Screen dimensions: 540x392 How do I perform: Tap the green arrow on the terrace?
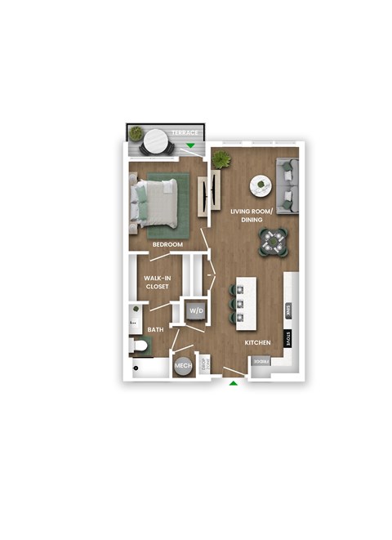click(191, 146)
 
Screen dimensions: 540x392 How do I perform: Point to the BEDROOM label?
click(167, 244)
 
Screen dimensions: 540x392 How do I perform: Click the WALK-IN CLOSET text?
click(157, 282)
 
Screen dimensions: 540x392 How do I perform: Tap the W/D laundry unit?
click(196, 310)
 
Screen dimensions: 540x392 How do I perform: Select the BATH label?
click(155, 329)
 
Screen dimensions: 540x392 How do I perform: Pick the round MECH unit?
click(182, 366)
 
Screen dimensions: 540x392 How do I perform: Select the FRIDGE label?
click(261, 360)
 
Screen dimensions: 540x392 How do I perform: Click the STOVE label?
click(288, 338)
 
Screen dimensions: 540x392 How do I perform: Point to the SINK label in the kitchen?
click(288, 310)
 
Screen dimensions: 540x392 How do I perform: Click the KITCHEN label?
click(259, 343)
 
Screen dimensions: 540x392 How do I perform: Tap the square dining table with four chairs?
click(273, 241)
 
